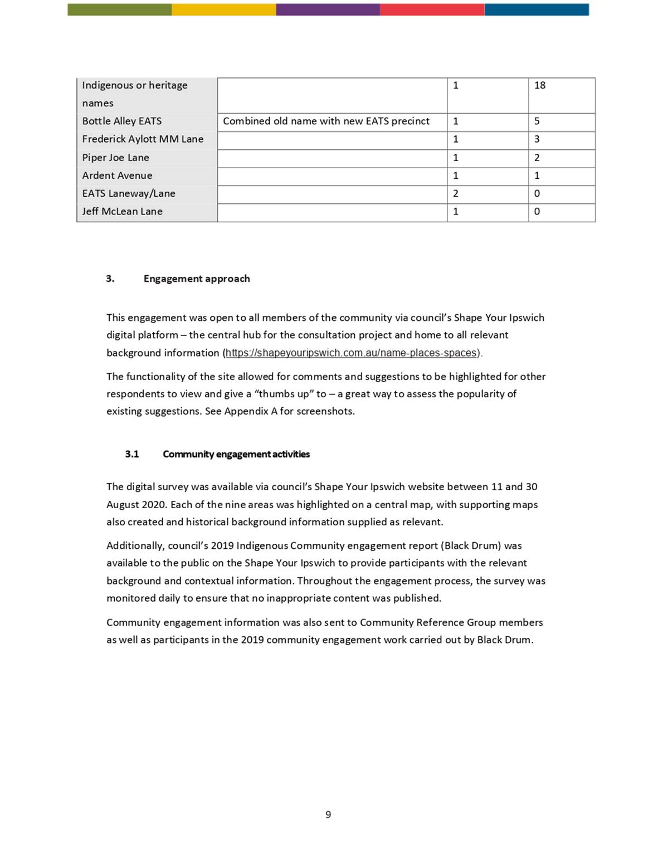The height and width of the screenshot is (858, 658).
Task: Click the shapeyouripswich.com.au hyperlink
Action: pyautogui.click(x=351, y=353)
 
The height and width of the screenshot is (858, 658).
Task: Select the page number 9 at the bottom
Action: pyautogui.click(x=328, y=815)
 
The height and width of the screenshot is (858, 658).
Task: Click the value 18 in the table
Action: pyautogui.click(x=539, y=85)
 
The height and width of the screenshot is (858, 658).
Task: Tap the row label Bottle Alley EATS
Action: pyautogui.click(x=121, y=121)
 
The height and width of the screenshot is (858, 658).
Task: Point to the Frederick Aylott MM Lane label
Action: pyautogui.click(x=143, y=139)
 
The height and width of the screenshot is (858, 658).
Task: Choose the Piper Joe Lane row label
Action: pyautogui.click(x=115, y=158)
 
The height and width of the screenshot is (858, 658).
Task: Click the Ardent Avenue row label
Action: pyautogui.click(x=117, y=175)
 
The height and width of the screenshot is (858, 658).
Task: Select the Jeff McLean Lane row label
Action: pyautogui.click(x=122, y=212)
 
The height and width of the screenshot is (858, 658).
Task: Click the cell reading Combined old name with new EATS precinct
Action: pyautogui.click(x=326, y=121)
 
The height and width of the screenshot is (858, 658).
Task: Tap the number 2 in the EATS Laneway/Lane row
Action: pyautogui.click(x=456, y=193)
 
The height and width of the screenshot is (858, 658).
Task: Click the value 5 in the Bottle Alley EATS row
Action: pyautogui.click(x=537, y=121)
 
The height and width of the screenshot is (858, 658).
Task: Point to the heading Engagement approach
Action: pyautogui.click(x=196, y=279)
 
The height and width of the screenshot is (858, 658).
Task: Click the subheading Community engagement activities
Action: pyautogui.click(x=236, y=454)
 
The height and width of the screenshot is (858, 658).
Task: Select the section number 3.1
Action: pyautogui.click(x=132, y=454)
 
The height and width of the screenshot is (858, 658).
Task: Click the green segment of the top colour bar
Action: pyautogui.click(x=119, y=9)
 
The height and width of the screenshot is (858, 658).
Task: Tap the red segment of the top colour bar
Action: pyautogui.click(x=432, y=9)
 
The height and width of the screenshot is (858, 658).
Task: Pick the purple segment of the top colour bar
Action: pyautogui.click(x=328, y=9)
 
